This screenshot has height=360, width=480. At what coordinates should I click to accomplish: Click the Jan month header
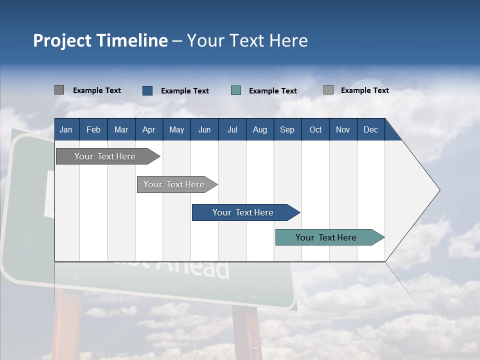pyautogui.click(x=66, y=129)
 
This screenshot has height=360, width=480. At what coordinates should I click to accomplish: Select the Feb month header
pyautogui.click(x=93, y=129)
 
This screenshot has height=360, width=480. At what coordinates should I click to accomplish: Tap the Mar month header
pyautogui.click(x=121, y=129)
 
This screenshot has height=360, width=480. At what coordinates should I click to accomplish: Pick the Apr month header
pyautogui.click(x=148, y=129)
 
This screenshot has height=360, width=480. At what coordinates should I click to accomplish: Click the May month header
pyautogui.click(x=176, y=129)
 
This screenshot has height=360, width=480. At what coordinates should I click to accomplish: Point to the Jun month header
pyautogui.click(x=204, y=129)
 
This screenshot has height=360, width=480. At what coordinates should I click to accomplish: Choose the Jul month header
pyautogui.click(x=232, y=129)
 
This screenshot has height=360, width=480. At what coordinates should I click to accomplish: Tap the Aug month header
pyautogui.click(x=259, y=129)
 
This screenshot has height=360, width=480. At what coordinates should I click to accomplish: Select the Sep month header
pyautogui.click(x=287, y=129)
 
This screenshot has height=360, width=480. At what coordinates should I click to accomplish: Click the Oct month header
pyautogui.click(x=315, y=129)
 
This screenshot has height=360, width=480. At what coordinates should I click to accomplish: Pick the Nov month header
pyautogui.click(x=343, y=129)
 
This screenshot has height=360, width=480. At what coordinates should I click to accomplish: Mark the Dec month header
pyautogui.click(x=370, y=129)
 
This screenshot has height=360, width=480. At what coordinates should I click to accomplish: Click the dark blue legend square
pyautogui.click(x=147, y=90)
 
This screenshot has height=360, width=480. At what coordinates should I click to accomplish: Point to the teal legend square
pyautogui.click(x=236, y=90)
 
